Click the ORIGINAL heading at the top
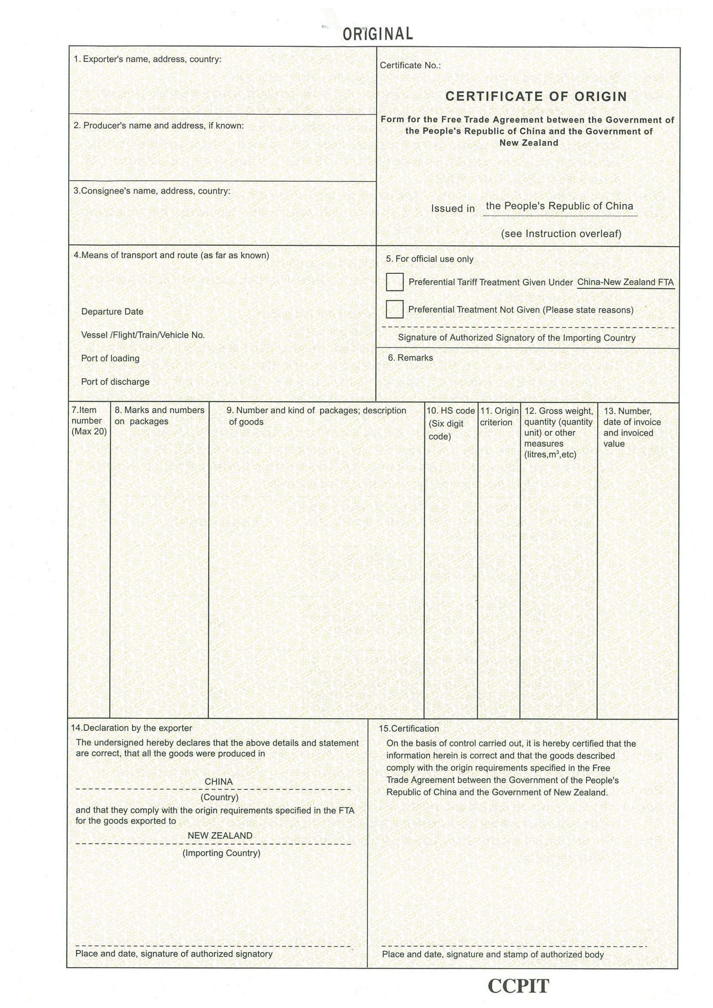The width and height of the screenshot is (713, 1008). [377, 34]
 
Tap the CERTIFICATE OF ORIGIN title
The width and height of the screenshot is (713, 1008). [536, 96]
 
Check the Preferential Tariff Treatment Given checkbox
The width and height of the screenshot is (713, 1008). [394, 282]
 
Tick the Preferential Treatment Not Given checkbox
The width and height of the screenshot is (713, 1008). [394, 309]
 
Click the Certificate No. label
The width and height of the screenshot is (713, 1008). [410, 65]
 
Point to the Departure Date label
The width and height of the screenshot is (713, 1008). [112, 312]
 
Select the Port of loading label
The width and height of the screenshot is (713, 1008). [110, 358]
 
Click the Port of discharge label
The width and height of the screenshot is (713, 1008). [115, 382]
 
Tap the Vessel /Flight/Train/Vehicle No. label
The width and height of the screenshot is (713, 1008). [143, 335]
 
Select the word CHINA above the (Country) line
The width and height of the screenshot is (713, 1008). [218, 781]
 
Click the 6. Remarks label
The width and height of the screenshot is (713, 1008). [410, 358]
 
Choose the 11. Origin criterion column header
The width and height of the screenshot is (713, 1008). [499, 417]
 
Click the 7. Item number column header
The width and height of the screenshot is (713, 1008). [89, 421]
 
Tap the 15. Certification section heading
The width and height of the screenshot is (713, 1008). [408, 728]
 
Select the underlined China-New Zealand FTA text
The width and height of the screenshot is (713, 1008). [625, 282]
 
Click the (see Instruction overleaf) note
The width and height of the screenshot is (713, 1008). [561, 234]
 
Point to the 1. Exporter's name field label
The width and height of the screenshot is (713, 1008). [147, 59]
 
